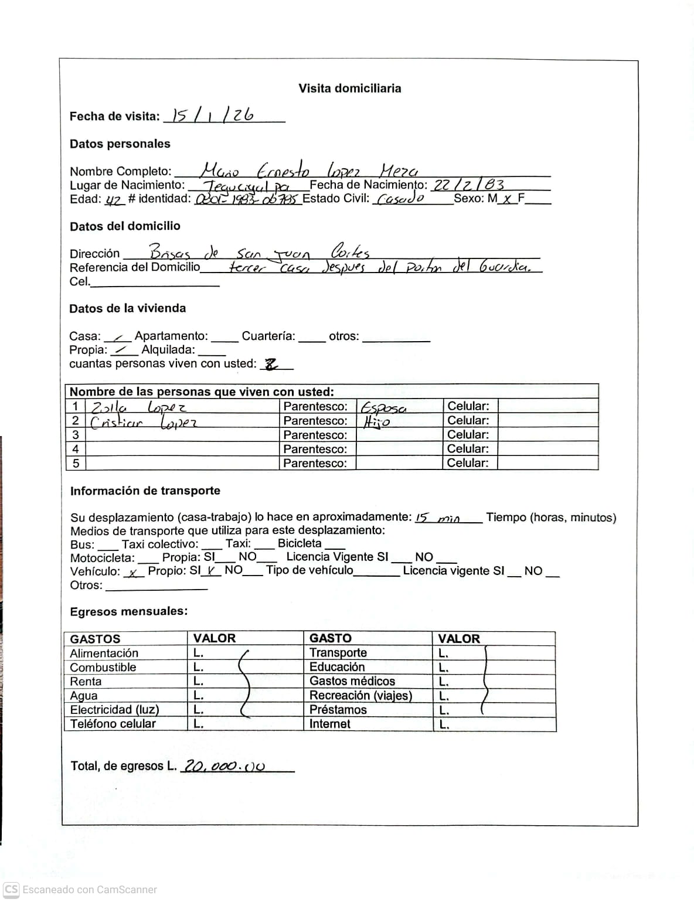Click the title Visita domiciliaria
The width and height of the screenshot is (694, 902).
(350, 89)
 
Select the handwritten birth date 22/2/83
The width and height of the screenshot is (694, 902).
(468, 184)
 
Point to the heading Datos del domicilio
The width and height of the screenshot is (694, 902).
(125, 226)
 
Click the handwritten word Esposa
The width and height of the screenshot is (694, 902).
(383, 407)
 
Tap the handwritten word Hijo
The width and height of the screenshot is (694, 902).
(376, 421)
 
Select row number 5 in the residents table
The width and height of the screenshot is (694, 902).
(75, 463)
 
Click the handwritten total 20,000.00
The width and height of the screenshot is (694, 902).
(224, 765)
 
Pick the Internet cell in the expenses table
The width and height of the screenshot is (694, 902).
(330, 724)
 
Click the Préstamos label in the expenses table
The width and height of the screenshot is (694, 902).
(338, 710)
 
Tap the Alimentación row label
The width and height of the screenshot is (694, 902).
(104, 653)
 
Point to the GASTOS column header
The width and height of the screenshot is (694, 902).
(95, 639)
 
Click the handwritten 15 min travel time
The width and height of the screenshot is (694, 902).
(438, 518)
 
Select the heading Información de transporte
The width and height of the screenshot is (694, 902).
(145, 491)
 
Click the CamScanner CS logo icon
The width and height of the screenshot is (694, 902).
(11, 889)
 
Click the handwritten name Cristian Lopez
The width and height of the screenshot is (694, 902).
(144, 422)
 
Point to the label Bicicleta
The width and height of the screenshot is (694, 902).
(300, 543)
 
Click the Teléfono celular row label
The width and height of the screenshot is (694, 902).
(113, 724)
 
